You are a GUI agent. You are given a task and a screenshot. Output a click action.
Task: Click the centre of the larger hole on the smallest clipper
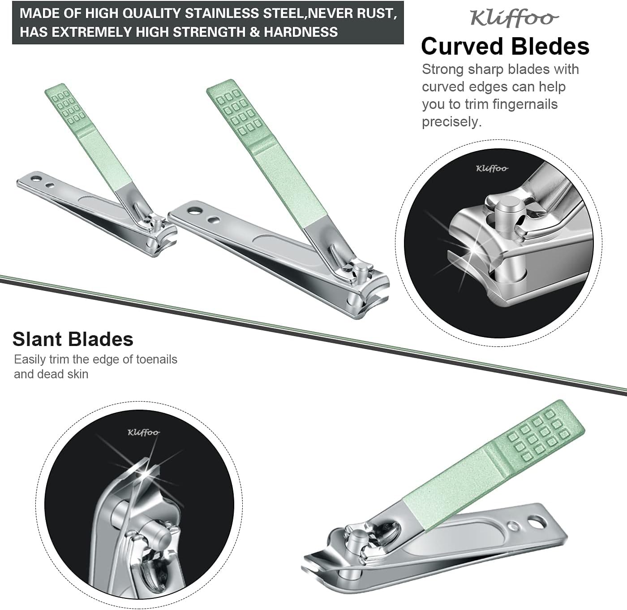36,178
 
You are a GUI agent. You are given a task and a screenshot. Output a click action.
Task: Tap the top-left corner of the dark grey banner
12,1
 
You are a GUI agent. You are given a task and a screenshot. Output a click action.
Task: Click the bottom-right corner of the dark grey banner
404,44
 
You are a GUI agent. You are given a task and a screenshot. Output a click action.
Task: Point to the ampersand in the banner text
255,32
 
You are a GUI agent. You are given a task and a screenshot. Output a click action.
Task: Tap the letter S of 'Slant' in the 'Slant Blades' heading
19,339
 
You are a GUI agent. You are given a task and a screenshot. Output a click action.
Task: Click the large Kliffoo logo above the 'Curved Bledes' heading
514,18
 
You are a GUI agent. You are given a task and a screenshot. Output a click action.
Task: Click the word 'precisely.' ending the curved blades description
452,122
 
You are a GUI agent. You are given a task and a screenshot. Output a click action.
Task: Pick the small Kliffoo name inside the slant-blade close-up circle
143,433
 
